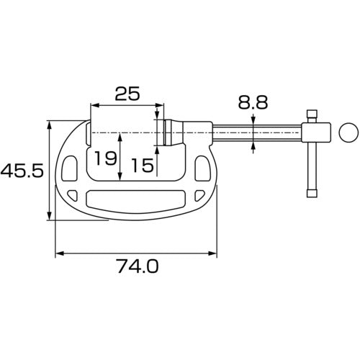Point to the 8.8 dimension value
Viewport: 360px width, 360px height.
pos(253,103)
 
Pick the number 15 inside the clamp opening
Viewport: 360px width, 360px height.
pos(143,166)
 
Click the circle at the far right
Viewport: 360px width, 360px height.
pos(347,132)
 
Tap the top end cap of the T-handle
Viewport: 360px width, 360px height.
pos(312,114)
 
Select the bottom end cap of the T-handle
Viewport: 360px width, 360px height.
pos(312,192)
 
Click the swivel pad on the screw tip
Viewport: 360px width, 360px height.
pos(166,133)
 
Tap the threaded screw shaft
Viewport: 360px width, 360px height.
pos(256,133)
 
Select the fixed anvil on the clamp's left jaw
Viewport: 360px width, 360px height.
pos(88,133)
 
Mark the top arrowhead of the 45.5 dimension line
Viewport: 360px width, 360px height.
pos(50,125)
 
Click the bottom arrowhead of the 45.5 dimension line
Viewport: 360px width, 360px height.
pos(50,217)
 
